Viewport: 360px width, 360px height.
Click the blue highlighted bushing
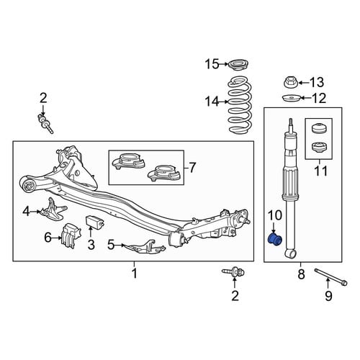pos(275,239)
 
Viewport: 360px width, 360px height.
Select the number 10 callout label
pos(275,215)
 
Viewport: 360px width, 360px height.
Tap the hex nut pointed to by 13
pos(291,82)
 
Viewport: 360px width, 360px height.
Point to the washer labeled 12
pos(291,98)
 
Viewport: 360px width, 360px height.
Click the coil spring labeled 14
pos(239,104)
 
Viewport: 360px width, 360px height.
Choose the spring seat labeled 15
pos(238,65)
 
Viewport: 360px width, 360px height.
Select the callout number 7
pos(192,167)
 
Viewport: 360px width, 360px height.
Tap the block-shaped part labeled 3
pos(95,221)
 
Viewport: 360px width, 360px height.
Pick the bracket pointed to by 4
pos(53,210)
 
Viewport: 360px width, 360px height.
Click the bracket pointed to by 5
pos(145,246)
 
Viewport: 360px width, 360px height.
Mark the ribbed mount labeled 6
pos(71,235)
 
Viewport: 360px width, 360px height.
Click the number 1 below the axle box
pos(135,273)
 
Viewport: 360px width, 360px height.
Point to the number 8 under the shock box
pos(301,274)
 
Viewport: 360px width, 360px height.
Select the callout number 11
pos(321,171)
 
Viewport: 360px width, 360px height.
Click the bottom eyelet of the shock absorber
pos(291,253)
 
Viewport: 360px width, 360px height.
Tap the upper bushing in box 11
pos(318,130)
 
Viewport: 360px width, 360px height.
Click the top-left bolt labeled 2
pos(45,124)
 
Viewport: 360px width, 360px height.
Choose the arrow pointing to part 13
pos(304,83)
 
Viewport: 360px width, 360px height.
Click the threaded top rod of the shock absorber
pos(291,125)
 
